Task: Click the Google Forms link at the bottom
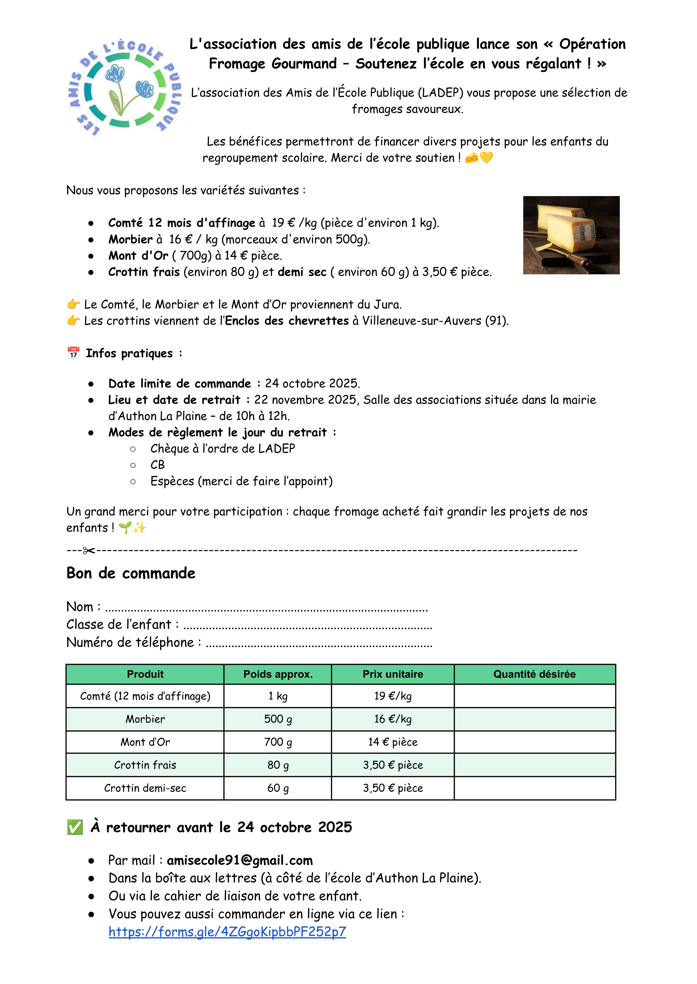click(x=227, y=932)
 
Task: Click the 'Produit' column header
click(x=145, y=674)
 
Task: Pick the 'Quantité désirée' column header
click(x=534, y=674)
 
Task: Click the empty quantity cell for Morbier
click(x=534, y=719)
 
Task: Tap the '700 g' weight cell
click(x=278, y=742)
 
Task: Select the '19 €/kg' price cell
click(x=393, y=696)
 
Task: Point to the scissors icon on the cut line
click(x=89, y=550)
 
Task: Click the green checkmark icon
click(x=75, y=827)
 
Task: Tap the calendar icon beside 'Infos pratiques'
click(x=73, y=353)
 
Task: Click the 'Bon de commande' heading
click(x=131, y=573)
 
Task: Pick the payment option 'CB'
click(x=157, y=465)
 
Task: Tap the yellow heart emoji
click(x=486, y=158)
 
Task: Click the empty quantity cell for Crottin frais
click(x=534, y=765)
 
